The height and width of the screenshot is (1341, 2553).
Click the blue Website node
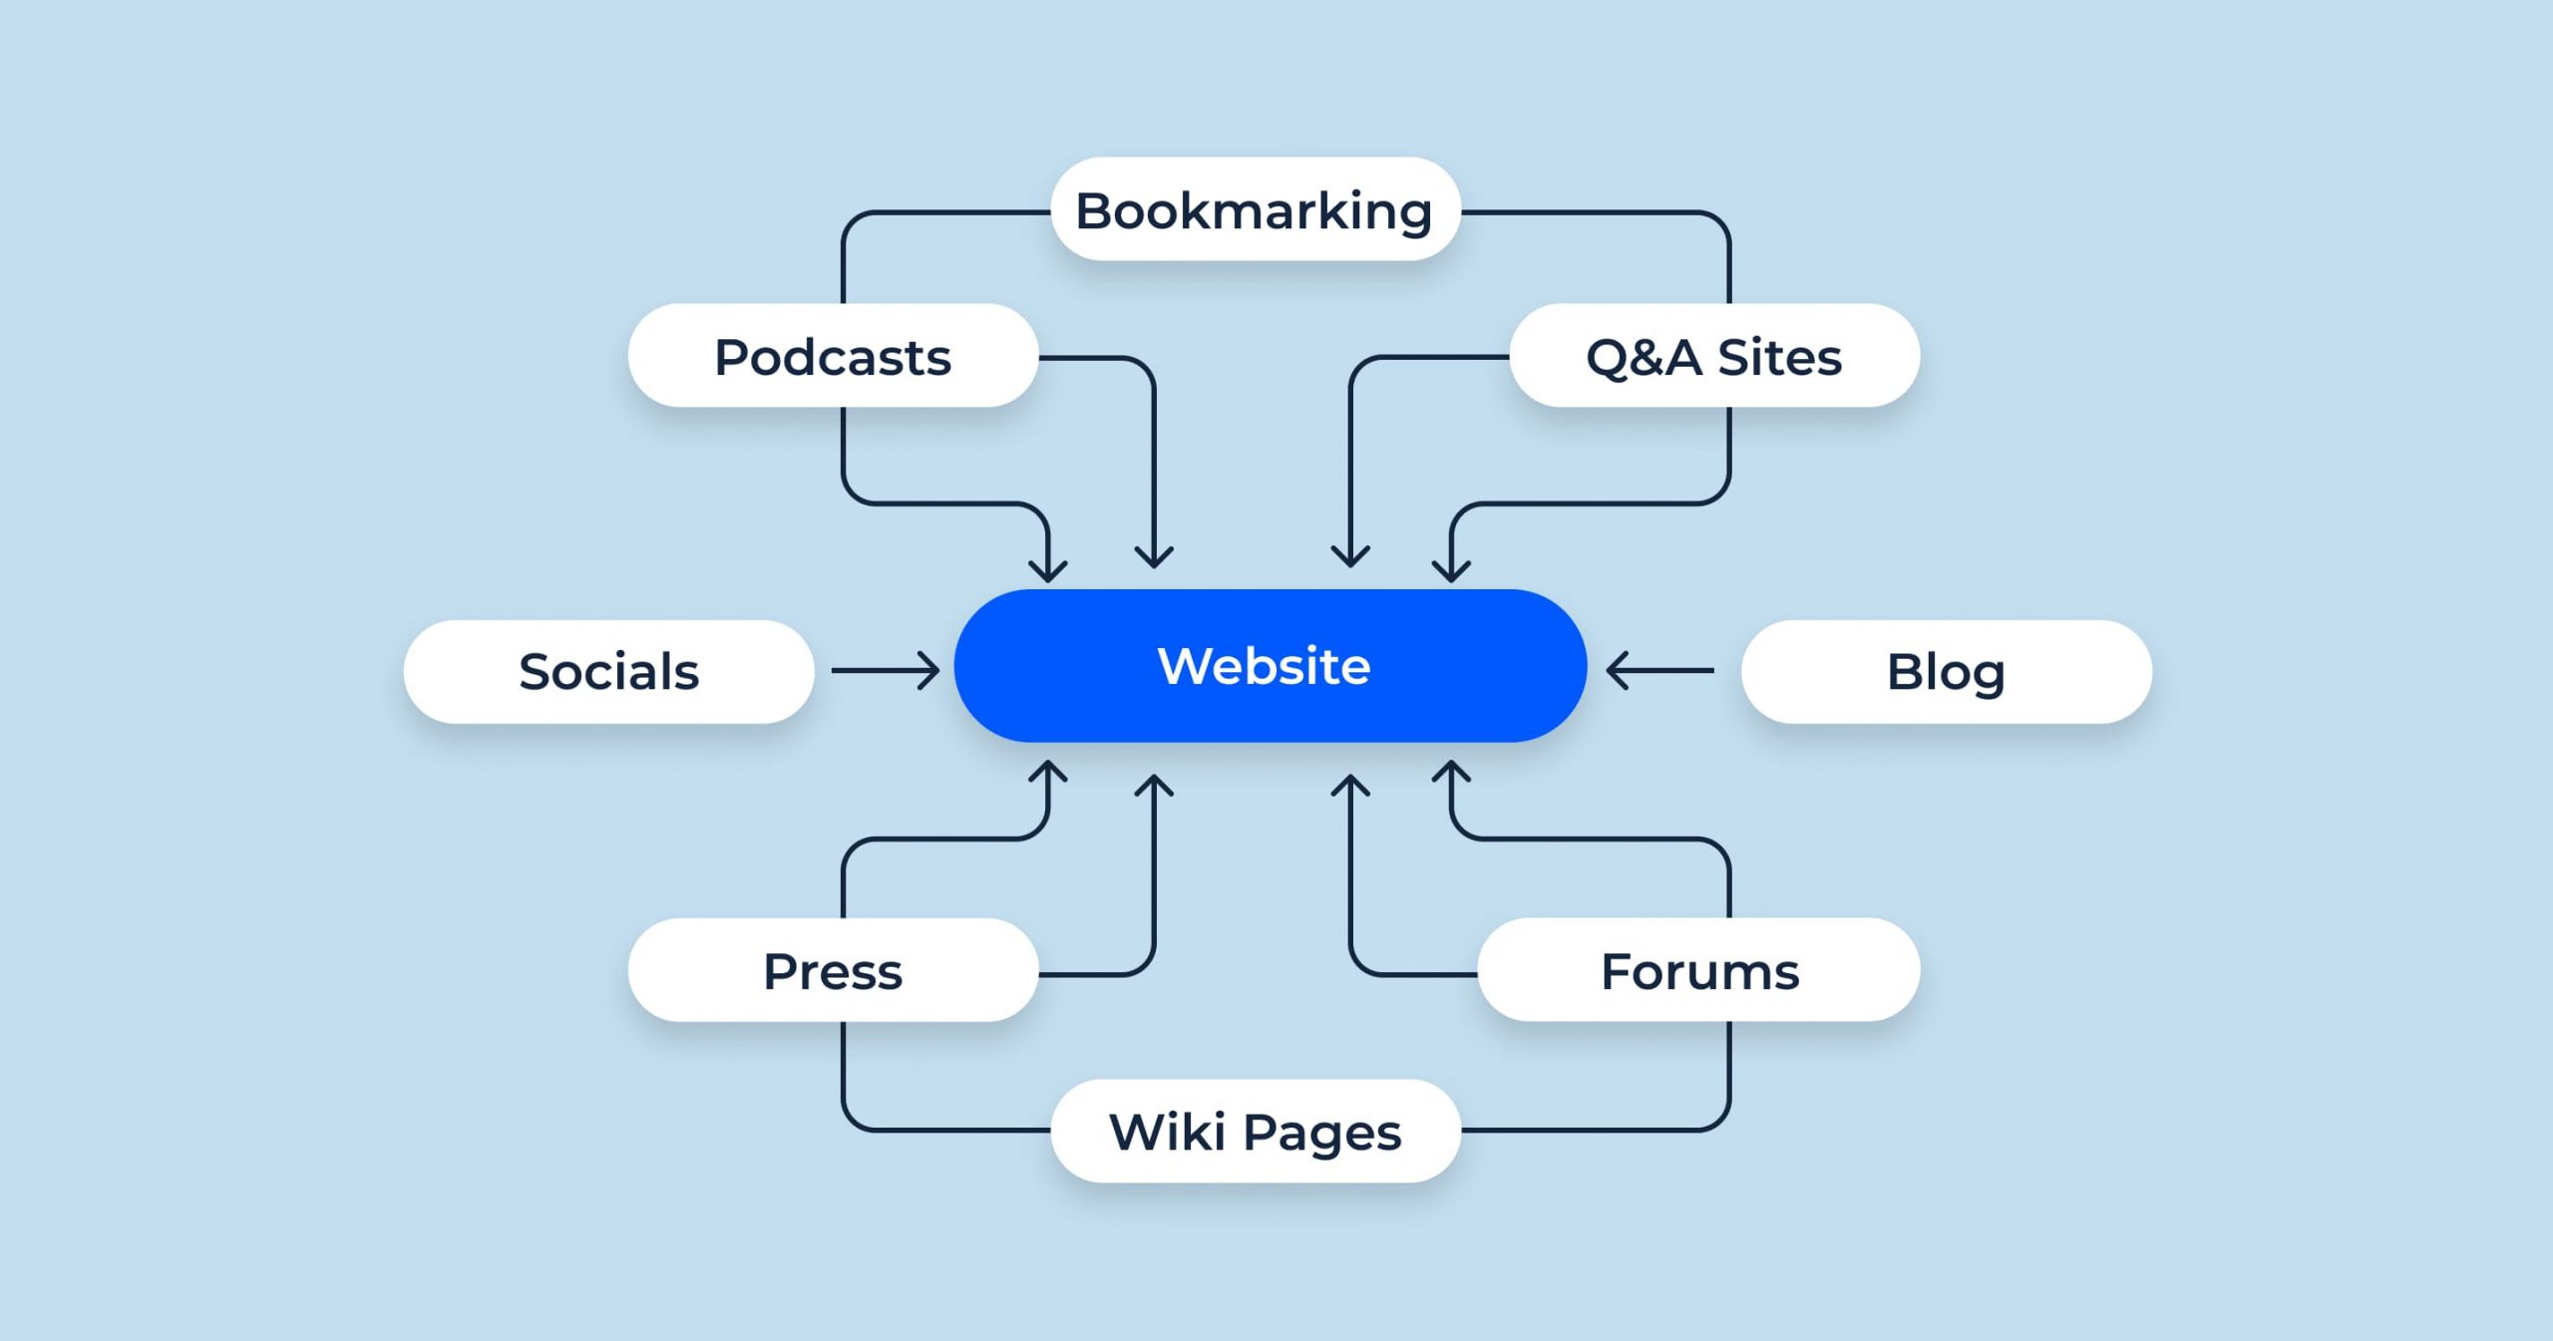pos(1270,665)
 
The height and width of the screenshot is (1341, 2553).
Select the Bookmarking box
pos(1256,209)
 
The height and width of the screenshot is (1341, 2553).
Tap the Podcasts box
pos(833,356)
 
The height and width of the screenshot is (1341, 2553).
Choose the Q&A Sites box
pos(1714,356)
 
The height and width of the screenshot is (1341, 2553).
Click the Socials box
pos(608,671)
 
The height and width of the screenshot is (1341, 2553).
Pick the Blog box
pos(1946,671)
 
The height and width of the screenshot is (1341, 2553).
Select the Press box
pos(833,970)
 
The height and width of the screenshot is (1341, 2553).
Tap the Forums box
pos(1698,970)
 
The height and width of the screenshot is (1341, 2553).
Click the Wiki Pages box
pos(1256,1131)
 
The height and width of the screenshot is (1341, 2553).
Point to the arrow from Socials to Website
pos(886,671)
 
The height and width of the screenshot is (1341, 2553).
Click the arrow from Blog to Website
pos(1659,671)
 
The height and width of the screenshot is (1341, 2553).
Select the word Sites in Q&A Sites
pos(1779,357)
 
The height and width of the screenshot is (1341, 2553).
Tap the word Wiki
pos(1168,1132)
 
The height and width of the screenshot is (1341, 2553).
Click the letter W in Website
pos(1188,666)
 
